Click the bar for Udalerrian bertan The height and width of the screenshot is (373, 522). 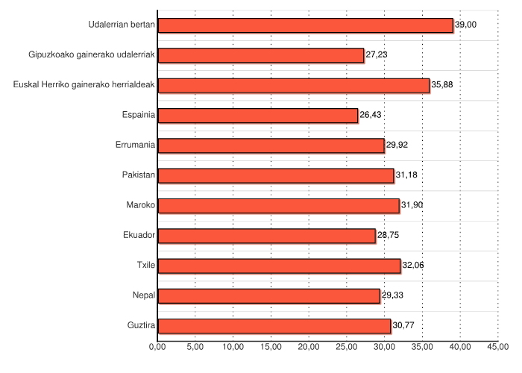point(306,25)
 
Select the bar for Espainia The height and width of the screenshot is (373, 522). point(258,116)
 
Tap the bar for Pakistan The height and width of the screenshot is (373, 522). point(276,175)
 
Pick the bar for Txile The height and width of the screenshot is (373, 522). point(279,266)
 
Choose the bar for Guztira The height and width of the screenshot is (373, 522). point(274,326)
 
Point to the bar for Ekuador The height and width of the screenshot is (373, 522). point(267,236)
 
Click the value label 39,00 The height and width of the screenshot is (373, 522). point(465,25)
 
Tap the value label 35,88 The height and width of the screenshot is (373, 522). point(442,85)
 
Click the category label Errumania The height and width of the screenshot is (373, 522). point(136,145)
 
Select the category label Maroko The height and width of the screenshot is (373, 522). point(141,205)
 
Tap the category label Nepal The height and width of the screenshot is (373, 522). point(143,295)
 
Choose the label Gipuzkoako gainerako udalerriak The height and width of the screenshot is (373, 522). point(92,55)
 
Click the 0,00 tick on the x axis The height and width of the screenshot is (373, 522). point(157,347)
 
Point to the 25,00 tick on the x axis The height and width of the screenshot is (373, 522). point(347,347)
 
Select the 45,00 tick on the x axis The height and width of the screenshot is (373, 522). point(498,347)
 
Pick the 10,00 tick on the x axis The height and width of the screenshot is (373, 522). point(233,347)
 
